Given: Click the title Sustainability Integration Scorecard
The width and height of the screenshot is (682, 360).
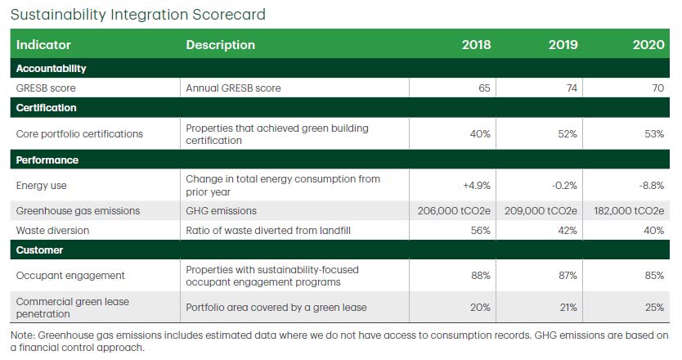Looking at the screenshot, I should [137, 14].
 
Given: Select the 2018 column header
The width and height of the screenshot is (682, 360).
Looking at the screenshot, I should [476, 45].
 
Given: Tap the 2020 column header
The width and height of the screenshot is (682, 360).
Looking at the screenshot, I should [648, 45].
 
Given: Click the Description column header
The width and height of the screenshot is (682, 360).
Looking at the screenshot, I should [221, 45].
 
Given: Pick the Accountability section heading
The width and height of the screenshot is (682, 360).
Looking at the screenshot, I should [52, 69].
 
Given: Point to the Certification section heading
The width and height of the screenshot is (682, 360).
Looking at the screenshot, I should [47, 108].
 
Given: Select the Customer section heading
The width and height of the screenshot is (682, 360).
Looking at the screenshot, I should [40, 250].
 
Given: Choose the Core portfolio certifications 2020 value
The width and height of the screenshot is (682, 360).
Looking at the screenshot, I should [653, 133].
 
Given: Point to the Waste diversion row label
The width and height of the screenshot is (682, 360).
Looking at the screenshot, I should [52, 231].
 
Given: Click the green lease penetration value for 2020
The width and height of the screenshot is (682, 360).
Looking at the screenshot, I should [653, 308].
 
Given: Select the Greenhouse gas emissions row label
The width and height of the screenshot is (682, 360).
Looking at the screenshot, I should [78, 211].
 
